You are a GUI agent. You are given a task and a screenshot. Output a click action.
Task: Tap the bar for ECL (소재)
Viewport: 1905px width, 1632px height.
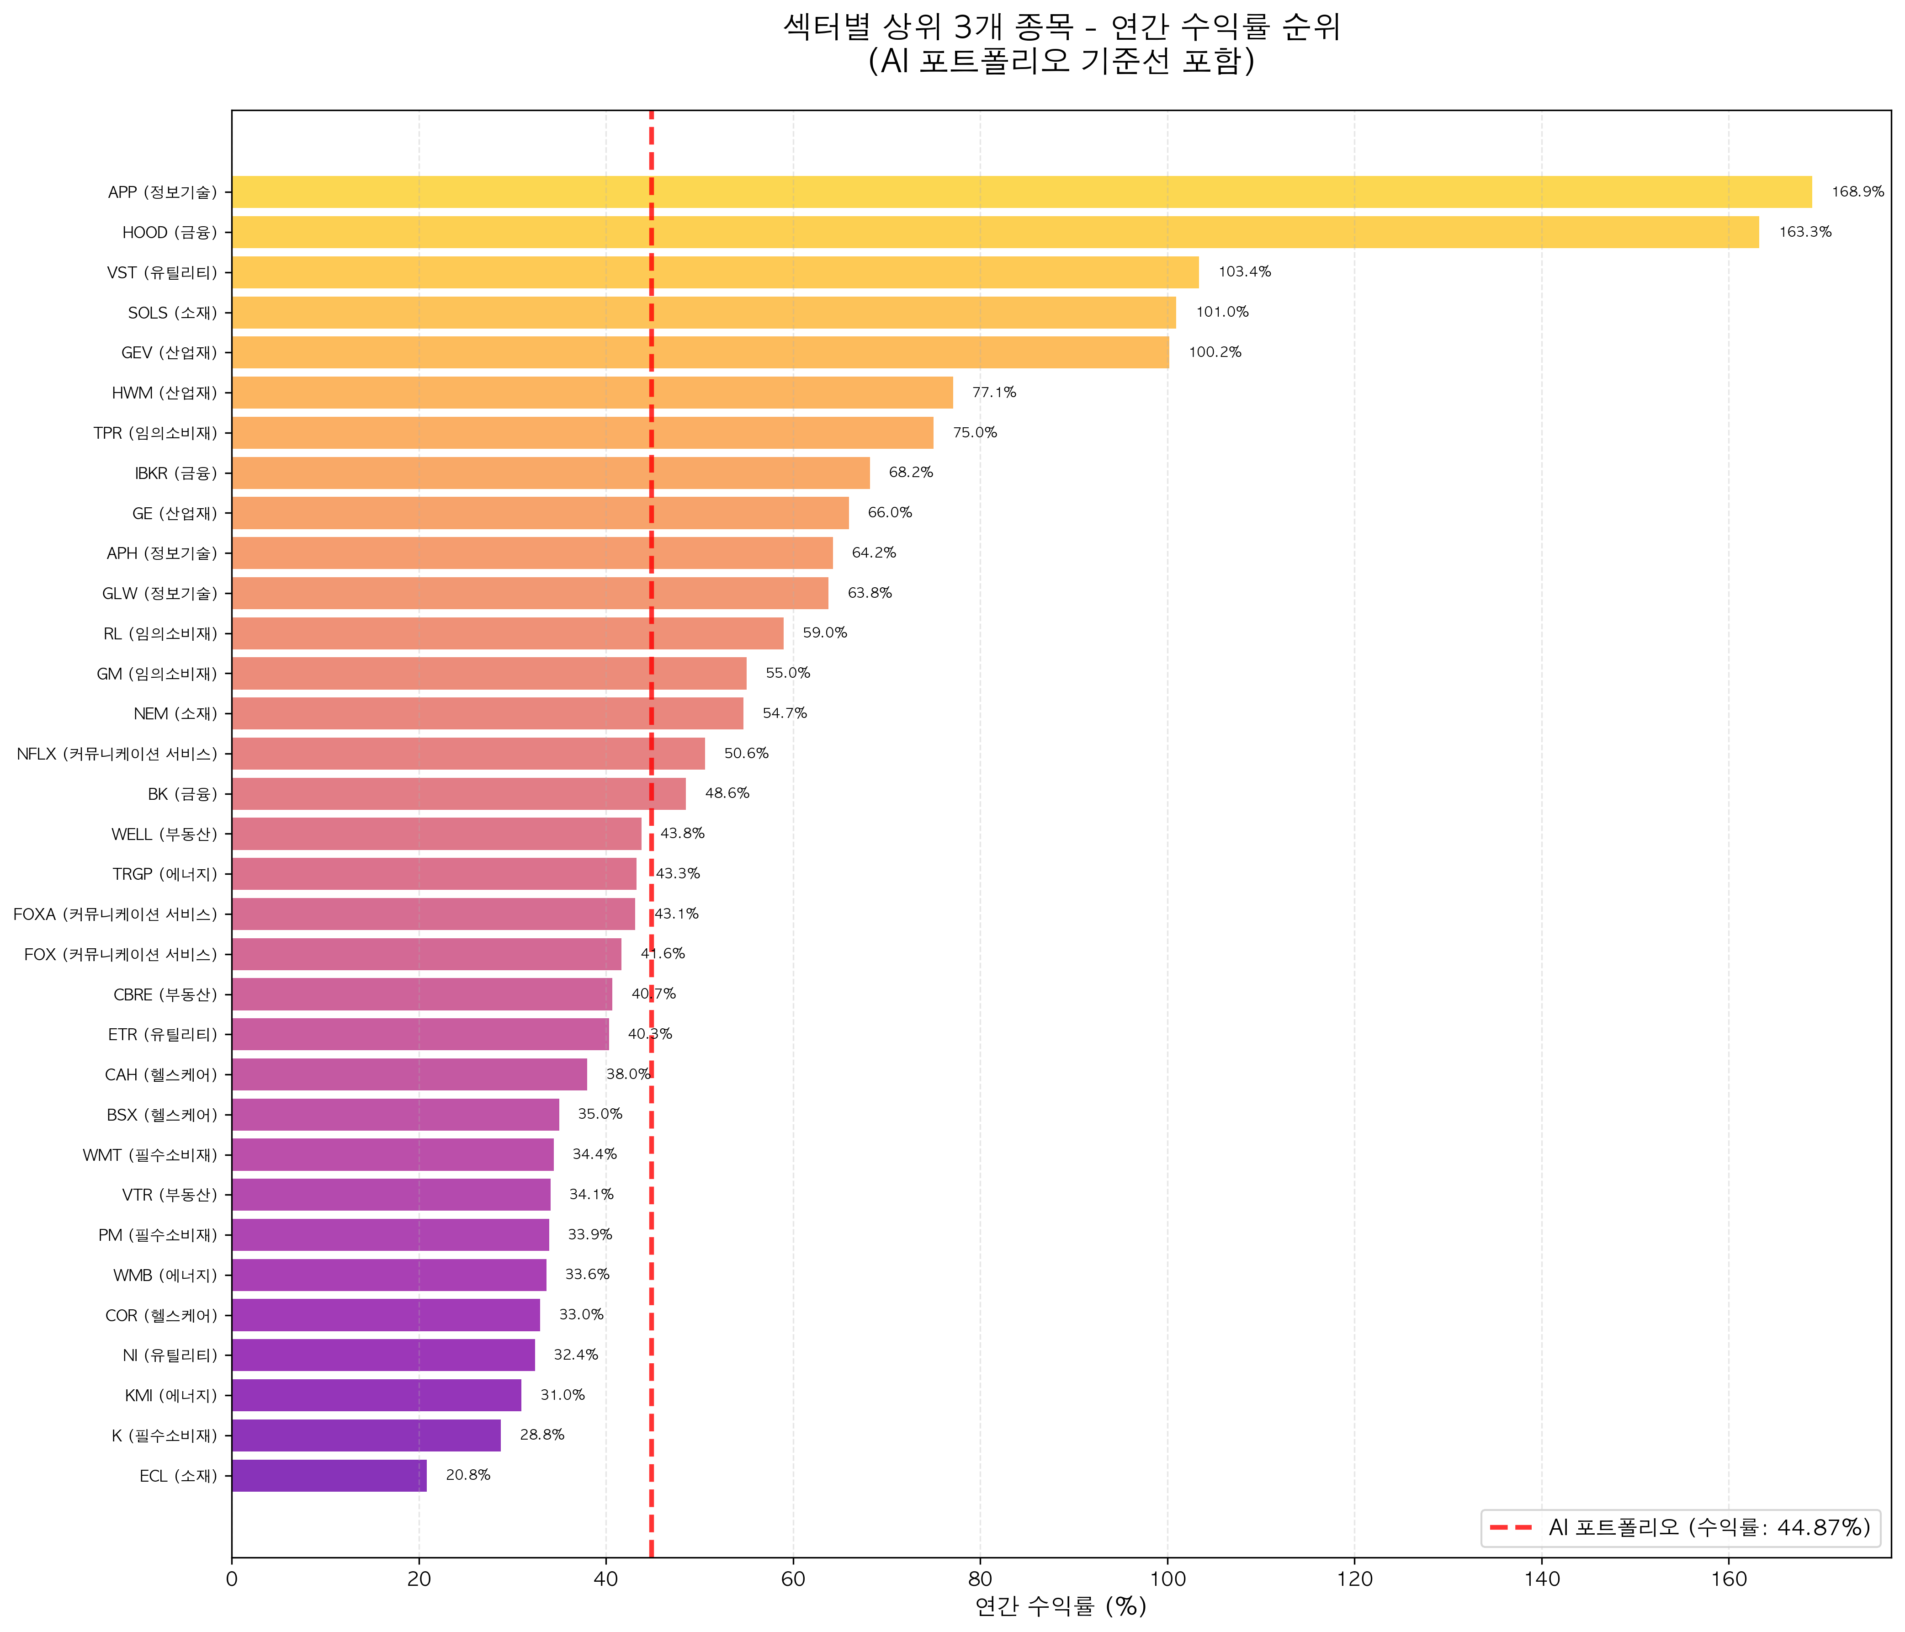(x=329, y=1476)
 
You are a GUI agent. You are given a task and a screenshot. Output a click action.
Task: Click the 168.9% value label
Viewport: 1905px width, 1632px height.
(x=1857, y=192)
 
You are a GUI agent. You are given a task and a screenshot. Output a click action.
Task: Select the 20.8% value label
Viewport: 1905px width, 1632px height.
(x=468, y=1476)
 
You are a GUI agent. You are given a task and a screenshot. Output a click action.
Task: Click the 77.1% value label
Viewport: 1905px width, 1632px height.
(x=994, y=393)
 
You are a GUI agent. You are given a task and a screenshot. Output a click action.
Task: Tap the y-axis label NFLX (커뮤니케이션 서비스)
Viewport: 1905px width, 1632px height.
(x=117, y=754)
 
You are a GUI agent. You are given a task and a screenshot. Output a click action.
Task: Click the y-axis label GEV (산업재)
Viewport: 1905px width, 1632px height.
(x=169, y=353)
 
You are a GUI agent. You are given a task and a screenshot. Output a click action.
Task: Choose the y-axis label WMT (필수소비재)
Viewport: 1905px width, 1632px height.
(x=150, y=1155)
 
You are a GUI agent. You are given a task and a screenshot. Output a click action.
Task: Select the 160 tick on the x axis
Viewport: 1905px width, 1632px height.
(x=1729, y=1579)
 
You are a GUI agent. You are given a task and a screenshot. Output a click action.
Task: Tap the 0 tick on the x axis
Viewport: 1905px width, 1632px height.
(x=232, y=1579)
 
